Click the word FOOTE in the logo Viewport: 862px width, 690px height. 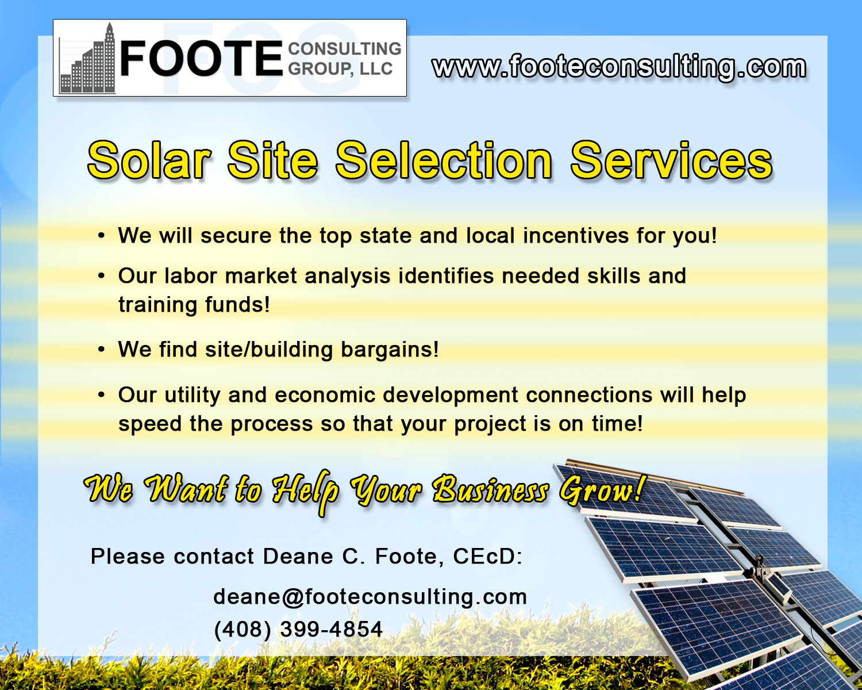click(201, 59)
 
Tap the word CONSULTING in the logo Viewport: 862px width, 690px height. click(344, 48)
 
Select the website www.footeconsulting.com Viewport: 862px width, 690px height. click(619, 67)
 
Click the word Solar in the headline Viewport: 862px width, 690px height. click(149, 160)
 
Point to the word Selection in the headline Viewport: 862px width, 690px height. click(444, 160)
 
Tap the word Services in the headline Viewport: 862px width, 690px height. click(671, 160)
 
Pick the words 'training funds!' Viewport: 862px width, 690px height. click(194, 305)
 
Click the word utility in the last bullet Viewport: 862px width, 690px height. click(193, 396)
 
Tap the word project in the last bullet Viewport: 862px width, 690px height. click(490, 424)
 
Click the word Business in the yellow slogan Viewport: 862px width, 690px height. click(490, 489)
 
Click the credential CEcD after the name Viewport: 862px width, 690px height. click(487, 557)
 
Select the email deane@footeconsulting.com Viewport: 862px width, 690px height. click(370, 597)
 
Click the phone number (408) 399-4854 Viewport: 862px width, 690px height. click(298, 629)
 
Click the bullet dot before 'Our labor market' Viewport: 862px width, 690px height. click(101, 276)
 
